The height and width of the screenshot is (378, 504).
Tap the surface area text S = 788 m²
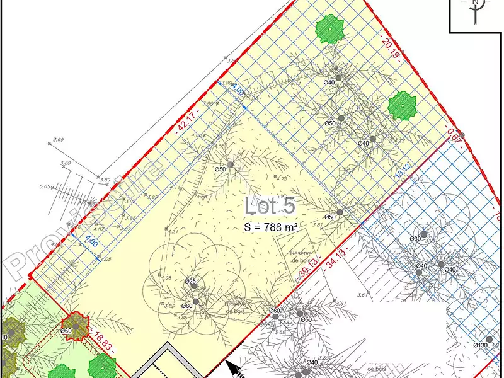click(x=270, y=226)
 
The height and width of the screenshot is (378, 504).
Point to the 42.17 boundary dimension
click(x=183, y=123)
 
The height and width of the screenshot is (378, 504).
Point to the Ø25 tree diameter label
click(x=191, y=281)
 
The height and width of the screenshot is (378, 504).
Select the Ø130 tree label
click(x=481, y=345)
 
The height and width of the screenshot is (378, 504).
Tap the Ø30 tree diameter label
click(x=415, y=239)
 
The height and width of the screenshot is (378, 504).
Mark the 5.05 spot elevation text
click(x=44, y=186)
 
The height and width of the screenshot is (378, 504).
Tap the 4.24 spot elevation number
click(x=173, y=231)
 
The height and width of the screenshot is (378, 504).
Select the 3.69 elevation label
click(x=59, y=139)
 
